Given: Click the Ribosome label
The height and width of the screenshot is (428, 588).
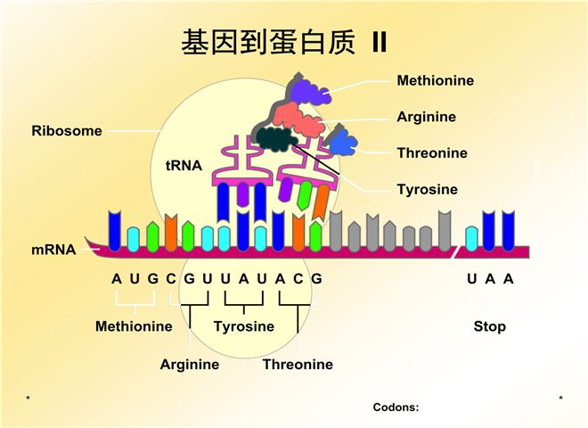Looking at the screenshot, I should click(x=67, y=131).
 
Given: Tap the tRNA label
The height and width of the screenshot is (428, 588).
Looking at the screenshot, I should click(x=184, y=165).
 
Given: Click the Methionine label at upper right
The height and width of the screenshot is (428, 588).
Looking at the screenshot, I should click(x=435, y=81).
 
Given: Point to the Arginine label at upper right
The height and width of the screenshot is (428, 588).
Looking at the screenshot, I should click(x=426, y=117).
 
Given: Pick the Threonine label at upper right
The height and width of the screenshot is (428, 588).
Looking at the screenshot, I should click(x=431, y=153).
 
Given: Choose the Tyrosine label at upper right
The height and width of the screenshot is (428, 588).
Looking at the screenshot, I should click(x=427, y=189).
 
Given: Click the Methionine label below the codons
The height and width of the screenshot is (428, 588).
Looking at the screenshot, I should click(x=134, y=326).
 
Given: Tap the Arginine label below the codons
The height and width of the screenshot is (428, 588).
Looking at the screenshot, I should click(x=189, y=364).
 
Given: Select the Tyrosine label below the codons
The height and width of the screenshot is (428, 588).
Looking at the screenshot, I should click(x=243, y=326).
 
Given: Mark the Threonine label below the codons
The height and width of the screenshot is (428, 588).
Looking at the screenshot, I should click(x=298, y=364).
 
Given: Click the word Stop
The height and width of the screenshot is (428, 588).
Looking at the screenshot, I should click(x=489, y=326).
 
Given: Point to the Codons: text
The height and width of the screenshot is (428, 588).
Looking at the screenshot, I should click(x=396, y=407).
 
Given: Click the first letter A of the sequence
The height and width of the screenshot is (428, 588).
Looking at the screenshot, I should click(x=116, y=278).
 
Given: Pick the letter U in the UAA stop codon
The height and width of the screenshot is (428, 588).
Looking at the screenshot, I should click(x=471, y=278).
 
